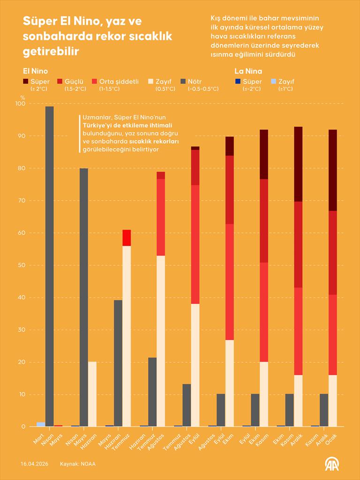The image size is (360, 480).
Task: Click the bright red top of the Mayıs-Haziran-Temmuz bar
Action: pyautogui.click(x=127, y=238)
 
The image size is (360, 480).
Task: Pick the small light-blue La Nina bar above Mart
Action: pyautogui.click(x=41, y=424)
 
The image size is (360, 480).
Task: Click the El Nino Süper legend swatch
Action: pyautogui.click(x=26, y=82)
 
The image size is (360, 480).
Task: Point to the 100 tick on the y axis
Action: pyautogui.click(x=20, y=104)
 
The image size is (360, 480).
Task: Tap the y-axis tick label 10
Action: pyautogui.click(x=22, y=395)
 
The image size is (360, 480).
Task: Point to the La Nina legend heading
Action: pyautogui.click(x=248, y=71)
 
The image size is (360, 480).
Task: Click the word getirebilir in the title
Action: pyautogui.click(x=51, y=51)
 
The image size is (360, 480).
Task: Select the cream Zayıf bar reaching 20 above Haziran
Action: pyautogui.click(x=92, y=394)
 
